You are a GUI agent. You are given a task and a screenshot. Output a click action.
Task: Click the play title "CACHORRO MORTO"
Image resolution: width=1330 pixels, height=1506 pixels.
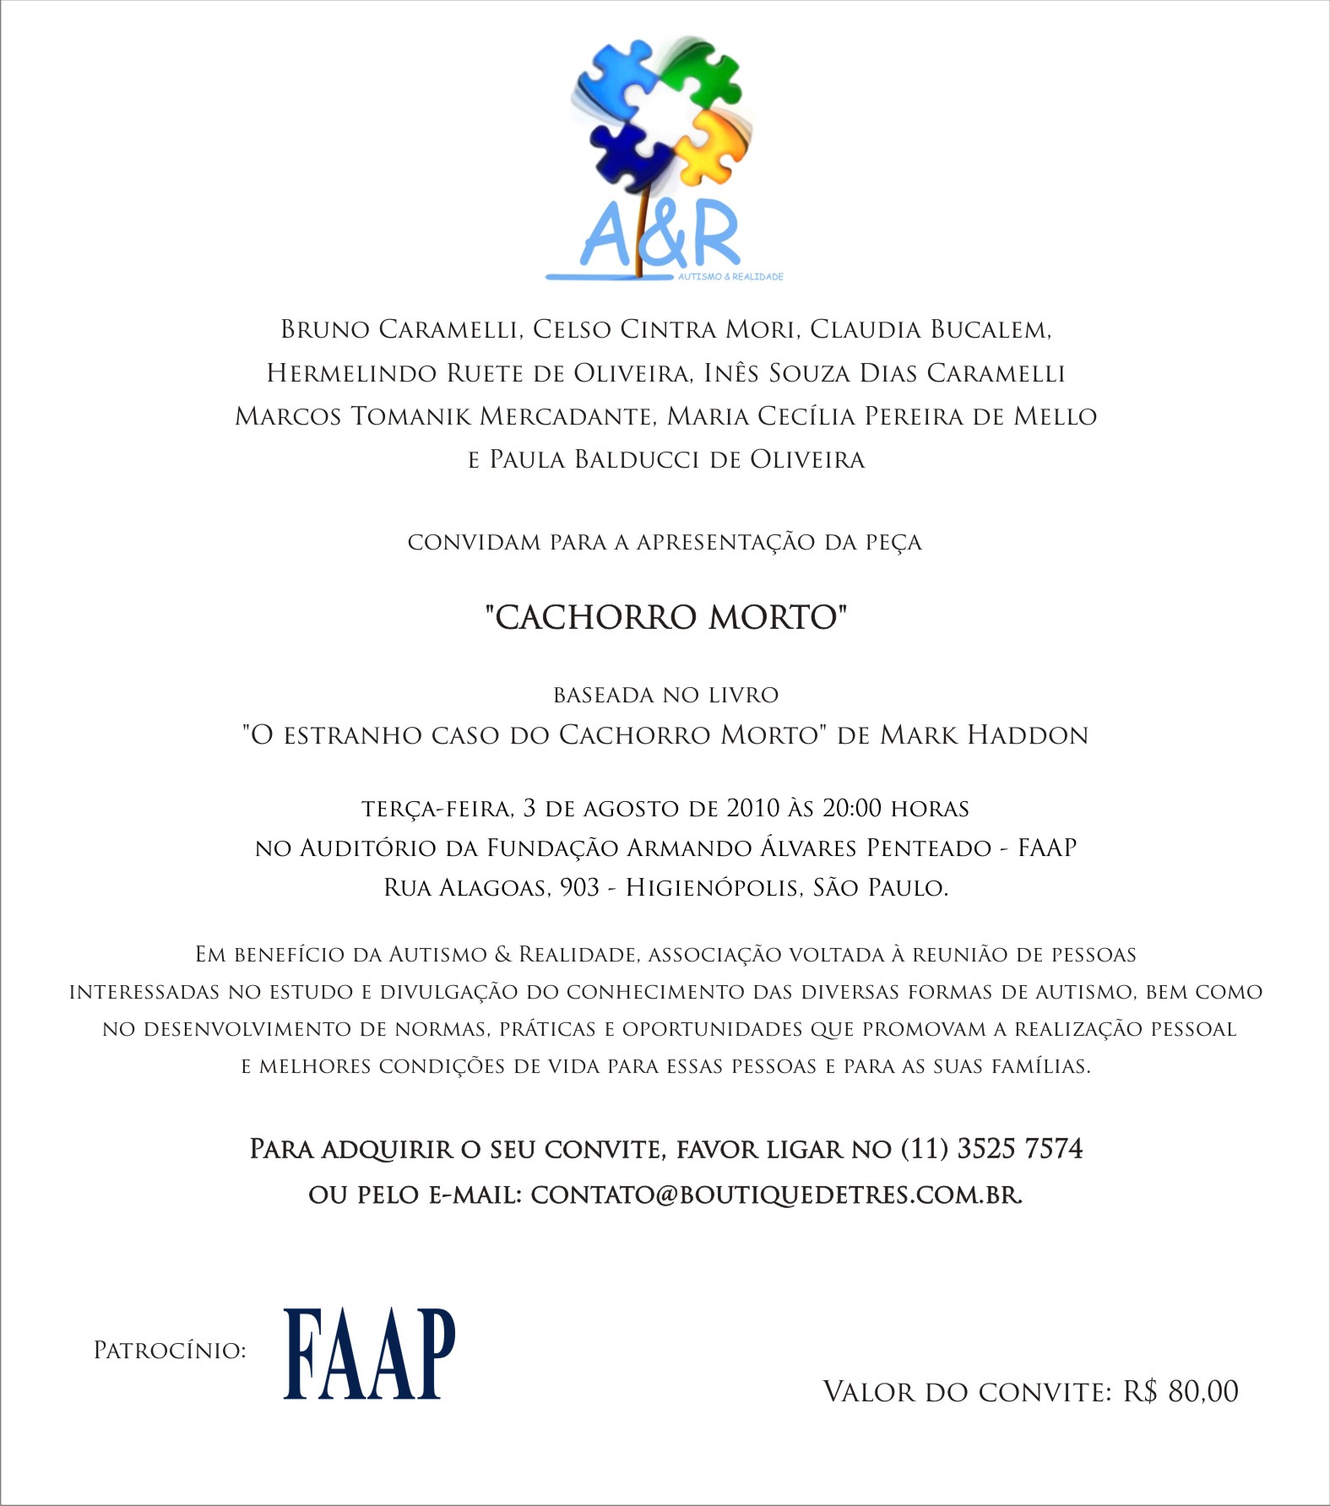665,618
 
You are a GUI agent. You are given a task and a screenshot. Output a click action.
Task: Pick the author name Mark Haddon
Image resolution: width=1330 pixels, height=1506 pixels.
984,735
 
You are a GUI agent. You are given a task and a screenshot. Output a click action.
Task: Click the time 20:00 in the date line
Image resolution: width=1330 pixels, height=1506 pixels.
851,809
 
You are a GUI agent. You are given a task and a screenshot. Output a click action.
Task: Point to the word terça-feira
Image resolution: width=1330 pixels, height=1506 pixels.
437,810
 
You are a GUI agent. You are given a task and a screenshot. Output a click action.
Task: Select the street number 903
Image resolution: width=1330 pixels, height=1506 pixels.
579,888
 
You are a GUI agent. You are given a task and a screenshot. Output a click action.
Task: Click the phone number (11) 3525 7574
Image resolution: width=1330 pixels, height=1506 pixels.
992,1149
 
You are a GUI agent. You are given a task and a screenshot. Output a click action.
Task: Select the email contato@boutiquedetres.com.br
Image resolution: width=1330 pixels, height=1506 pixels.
776,1195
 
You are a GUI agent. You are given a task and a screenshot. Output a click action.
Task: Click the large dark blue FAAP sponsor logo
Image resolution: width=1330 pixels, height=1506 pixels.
369,1354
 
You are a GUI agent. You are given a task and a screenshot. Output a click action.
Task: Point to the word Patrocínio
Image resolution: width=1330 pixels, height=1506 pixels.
169,1351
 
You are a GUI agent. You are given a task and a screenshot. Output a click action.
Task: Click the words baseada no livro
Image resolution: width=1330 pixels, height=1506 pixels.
665,696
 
